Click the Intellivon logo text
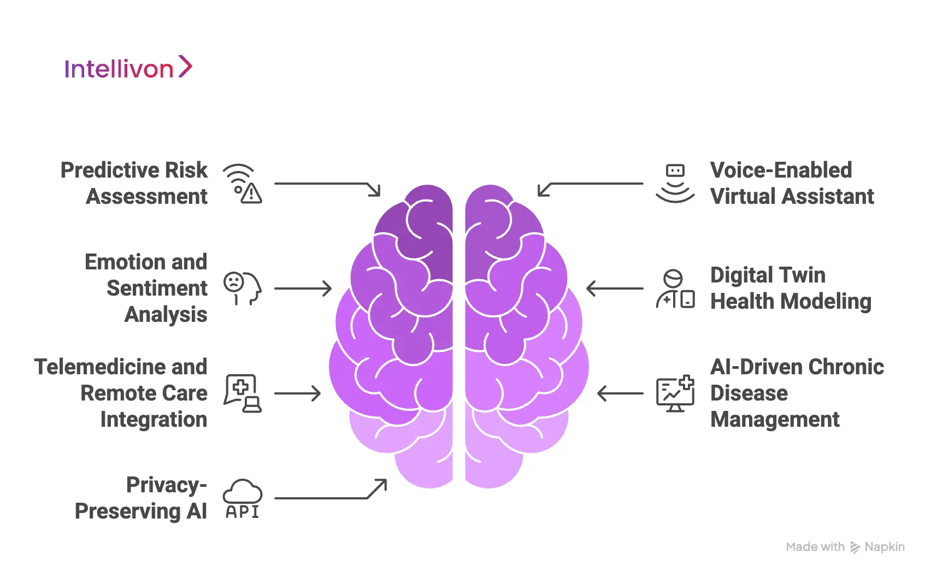[119, 69]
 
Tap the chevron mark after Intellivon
[186, 67]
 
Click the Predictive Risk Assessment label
[134, 183]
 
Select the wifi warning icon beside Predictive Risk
[243, 184]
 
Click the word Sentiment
[157, 288]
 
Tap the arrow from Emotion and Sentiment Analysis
[303, 288]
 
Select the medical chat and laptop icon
[243, 393]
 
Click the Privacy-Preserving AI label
[141, 498]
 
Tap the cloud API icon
[243, 499]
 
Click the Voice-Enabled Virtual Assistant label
[792, 183]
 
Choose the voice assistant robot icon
[675, 184]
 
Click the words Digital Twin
[768, 275]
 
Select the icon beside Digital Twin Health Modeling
[675, 288]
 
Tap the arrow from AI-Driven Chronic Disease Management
[620, 393]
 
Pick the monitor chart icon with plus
[675, 393]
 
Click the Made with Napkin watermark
[845, 547]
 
